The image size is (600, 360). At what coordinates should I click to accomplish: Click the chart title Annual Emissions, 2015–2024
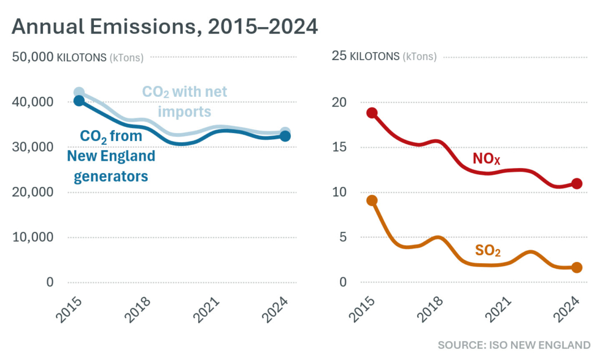165,27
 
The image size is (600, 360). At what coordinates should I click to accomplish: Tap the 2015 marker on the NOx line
372,113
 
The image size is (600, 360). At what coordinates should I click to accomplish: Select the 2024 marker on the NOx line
577,183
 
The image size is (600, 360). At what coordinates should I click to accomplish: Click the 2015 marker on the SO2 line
372,200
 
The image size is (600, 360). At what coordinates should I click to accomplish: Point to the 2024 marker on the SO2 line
577,268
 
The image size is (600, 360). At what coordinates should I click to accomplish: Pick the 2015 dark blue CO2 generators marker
79,101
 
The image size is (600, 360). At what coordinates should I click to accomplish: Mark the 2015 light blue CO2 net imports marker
79,92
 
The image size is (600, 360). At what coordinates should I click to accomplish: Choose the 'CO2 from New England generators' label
111,156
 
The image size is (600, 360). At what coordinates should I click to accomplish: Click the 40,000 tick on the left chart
32,102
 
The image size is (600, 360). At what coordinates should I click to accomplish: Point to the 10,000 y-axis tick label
32,237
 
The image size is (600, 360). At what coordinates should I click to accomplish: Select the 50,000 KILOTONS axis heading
77,57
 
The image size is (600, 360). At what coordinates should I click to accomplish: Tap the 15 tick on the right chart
338,147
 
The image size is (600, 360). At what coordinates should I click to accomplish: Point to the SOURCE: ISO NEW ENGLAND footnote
513,345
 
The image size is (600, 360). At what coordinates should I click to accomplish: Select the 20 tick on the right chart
338,102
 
